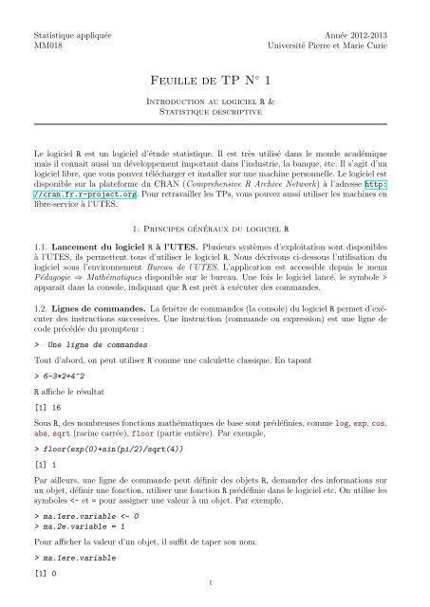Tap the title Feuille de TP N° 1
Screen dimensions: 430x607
pyautogui.click(x=214, y=83)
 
